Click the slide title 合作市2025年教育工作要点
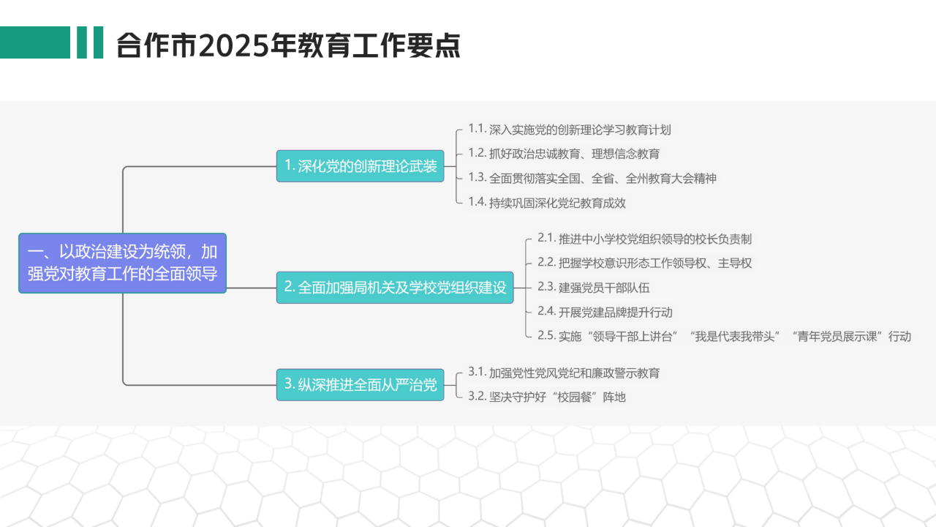pyautogui.click(x=288, y=45)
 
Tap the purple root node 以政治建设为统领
pyautogui.click(x=122, y=263)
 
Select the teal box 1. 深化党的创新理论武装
pyautogui.click(x=361, y=166)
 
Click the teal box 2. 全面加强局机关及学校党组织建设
pyautogui.click(x=395, y=288)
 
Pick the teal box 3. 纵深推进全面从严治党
pyautogui.click(x=361, y=384)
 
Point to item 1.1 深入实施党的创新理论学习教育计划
pyautogui.click(x=570, y=130)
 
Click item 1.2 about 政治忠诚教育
pyautogui.click(x=564, y=154)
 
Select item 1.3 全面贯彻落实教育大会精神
pyautogui.click(x=592, y=178)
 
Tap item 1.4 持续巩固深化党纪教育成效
pyautogui.click(x=547, y=203)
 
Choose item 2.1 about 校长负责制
pyautogui.click(x=645, y=239)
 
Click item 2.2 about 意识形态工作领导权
pyautogui.click(x=645, y=263)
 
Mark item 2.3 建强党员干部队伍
pyautogui.click(x=593, y=288)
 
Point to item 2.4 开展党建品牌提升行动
pyautogui.click(x=605, y=312)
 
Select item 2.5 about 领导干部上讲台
pyautogui.click(x=724, y=336)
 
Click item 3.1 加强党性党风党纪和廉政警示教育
pyautogui.click(x=564, y=373)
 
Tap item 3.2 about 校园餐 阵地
pyautogui.click(x=547, y=397)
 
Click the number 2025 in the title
pyautogui.click(x=233, y=45)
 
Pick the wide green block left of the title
pyautogui.click(x=35, y=42)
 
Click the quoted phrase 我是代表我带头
pyautogui.click(x=735, y=336)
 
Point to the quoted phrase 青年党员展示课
pyautogui.click(x=837, y=336)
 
